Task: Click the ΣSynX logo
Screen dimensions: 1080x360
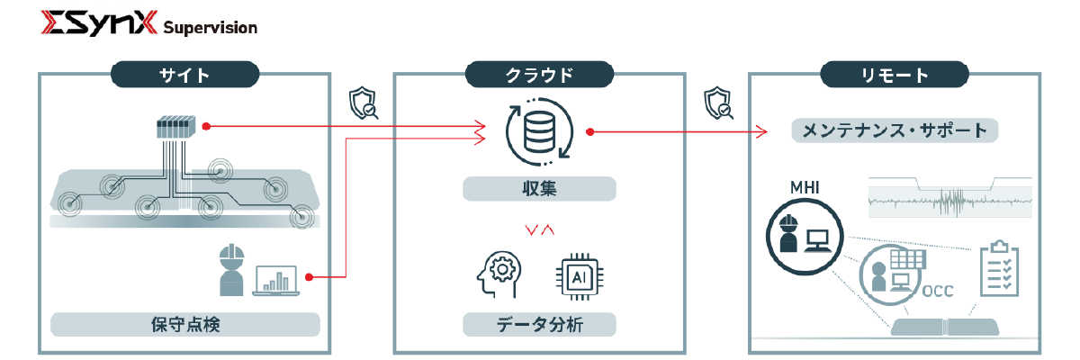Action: click(x=99, y=22)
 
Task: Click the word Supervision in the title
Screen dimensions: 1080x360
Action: click(x=211, y=28)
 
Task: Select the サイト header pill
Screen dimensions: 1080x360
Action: click(x=185, y=75)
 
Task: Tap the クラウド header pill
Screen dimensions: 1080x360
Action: click(x=539, y=75)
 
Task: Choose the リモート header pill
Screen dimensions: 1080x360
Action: click(x=895, y=75)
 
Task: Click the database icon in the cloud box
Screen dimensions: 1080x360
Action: click(x=539, y=131)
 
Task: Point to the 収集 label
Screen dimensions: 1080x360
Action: click(x=539, y=188)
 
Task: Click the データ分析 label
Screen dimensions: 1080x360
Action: click(x=539, y=324)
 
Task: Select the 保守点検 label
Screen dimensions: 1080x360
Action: click(x=185, y=324)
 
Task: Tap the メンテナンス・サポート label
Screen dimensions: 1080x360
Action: click(x=895, y=130)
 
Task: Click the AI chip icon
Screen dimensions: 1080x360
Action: click(x=580, y=276)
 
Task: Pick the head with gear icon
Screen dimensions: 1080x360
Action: click(x=499, y=274)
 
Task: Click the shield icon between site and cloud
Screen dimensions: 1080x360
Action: click(x=363, y=103)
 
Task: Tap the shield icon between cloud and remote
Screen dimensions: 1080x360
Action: click(x=718, y=103)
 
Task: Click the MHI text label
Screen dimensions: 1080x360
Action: click(x=805, y=187)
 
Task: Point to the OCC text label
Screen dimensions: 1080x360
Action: click(x=938, y=291)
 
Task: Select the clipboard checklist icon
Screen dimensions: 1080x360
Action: click(x=1000, y=268)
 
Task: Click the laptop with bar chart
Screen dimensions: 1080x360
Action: click(x=275, y=281)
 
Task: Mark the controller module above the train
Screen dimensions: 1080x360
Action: click(x=176, y=127)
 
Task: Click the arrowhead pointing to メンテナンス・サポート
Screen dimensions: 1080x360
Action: click(x=761, y=131)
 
